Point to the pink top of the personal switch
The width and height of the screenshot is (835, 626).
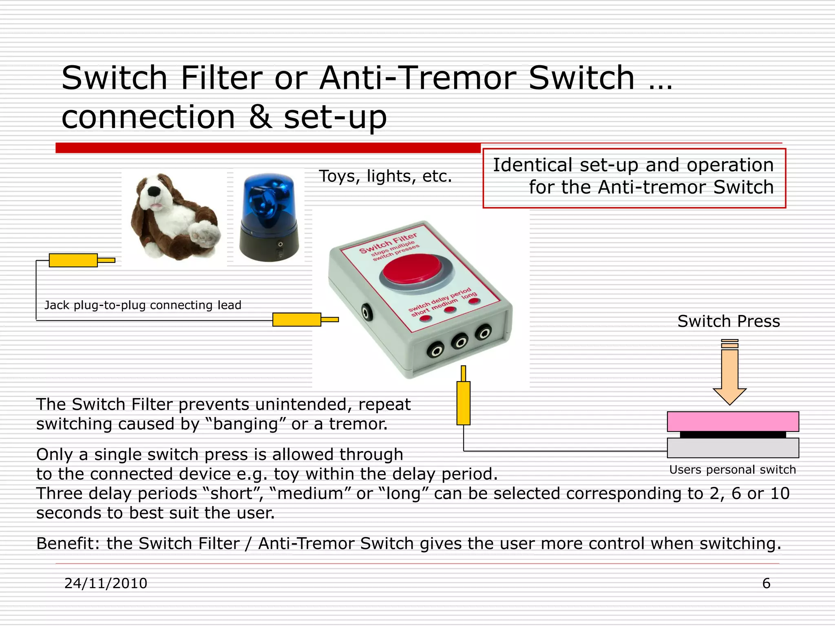tap(733, 421)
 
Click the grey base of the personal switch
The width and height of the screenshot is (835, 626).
tap(733, 448)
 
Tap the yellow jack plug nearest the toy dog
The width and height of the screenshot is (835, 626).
tap(73, 260)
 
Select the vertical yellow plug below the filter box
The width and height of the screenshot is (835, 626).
tap(464, 402)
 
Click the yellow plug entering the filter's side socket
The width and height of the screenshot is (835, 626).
tap(297, 320)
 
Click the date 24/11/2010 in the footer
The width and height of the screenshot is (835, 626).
tap(106, 583)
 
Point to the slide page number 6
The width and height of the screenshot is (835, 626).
tap(766, 583)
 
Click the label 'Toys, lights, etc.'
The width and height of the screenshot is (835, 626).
tap(385, 176)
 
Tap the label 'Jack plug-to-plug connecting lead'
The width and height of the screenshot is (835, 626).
tap(143, 305)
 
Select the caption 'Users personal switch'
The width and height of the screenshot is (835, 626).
tap(732, 470)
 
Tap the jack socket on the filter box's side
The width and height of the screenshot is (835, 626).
tap(367, 313)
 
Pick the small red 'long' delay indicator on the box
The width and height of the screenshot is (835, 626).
tap(474, 302)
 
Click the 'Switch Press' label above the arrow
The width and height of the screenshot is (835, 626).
tap(729, 322)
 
